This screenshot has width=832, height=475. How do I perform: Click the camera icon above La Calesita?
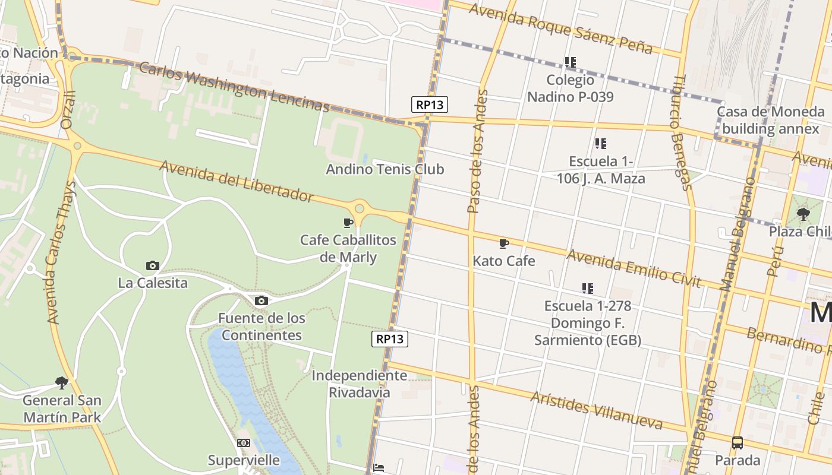click(153, 265)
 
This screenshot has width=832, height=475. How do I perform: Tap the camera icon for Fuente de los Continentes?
click(261, 300)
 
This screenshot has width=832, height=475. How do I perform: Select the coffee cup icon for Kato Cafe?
click(504, 243)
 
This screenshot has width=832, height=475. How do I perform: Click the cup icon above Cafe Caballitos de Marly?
click(348, 223)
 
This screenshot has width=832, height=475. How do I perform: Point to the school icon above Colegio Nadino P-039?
click(571, 62)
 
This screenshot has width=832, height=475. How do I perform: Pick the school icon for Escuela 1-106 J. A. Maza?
click(601, 144)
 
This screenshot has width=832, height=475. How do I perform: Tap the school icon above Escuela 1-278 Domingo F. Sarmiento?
click(588, 289)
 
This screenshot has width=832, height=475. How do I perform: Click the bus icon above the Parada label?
click(737, 442)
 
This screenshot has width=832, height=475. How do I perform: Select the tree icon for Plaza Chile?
click(803, 214)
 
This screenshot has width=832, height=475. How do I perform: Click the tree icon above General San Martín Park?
click(61, 383)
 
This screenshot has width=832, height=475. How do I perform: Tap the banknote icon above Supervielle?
click(244, 443)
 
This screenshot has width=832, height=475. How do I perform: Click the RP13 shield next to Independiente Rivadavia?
click(390, 339)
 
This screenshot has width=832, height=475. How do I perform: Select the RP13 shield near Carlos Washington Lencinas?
click(430, 105)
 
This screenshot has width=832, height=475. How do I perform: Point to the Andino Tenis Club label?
click(385, 169)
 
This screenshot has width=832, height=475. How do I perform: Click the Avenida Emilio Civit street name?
click(634, 268)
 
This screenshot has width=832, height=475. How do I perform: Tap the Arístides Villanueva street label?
click(596, 410)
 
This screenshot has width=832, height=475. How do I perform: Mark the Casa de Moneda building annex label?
click(770, 120)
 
